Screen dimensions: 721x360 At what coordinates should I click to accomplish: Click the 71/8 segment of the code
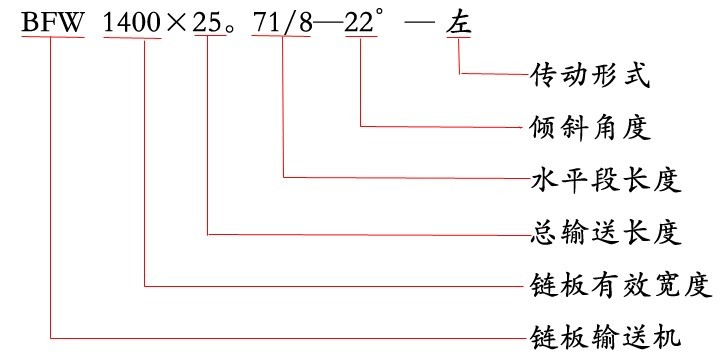coord(282,23)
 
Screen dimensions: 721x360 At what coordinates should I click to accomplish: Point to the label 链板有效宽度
coord(618,286)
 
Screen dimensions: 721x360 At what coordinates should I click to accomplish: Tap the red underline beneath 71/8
coord(282,40)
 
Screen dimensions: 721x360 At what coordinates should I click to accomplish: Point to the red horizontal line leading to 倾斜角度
coord(440,127)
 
